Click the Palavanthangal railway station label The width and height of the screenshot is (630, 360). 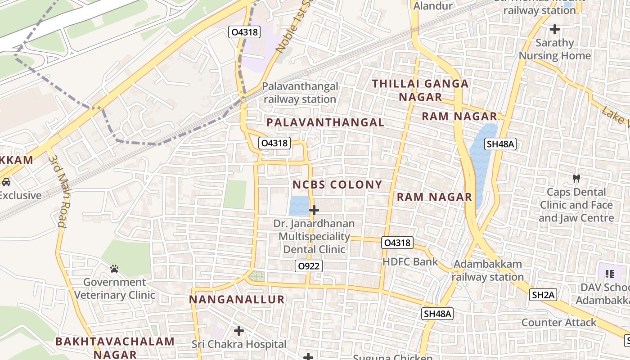coord(300,93)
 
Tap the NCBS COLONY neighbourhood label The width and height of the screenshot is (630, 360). coord(337,184)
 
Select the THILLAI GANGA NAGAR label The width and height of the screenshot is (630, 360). coord(420,90)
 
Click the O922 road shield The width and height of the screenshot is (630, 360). coord(309,266)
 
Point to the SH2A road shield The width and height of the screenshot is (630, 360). coord(543,295)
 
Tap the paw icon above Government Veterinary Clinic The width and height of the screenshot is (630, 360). coord(114,269)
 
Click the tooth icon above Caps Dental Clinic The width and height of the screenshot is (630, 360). coord(576,178)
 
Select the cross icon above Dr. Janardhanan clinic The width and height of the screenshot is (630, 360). coord(314,210)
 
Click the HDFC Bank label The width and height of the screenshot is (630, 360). coord(409,261)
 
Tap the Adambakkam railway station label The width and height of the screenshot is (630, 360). coord(487,270)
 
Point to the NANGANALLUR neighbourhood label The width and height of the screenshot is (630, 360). coord(237,300)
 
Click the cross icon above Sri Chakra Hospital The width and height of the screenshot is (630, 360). coord(239,331)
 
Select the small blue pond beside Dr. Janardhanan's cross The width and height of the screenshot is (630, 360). coord(299,206)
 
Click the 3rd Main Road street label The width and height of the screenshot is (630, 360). coord(57,191)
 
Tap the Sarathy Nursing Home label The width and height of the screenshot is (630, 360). coord(555,49)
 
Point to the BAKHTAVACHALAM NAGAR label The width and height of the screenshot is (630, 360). coord(115,347)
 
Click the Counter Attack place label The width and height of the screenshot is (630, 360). coord(558,322)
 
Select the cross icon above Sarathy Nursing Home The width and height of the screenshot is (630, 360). coord(555,30)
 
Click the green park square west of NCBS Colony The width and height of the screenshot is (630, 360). coord(235,194)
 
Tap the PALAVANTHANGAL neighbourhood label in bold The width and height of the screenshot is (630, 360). coord(325,122)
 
